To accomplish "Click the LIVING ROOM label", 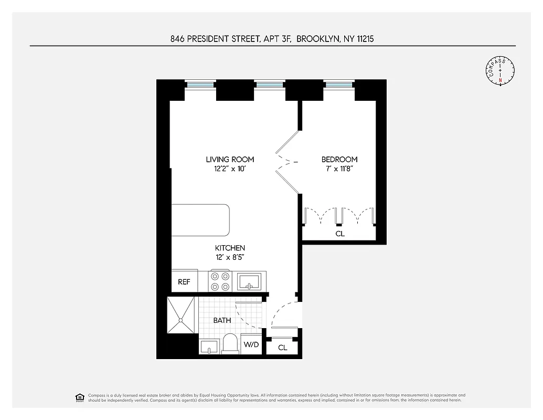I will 230,160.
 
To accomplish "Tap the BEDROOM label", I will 339,160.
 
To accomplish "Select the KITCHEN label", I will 230,248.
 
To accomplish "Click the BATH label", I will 222,320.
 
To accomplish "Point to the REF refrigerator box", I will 184,282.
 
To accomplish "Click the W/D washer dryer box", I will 251,345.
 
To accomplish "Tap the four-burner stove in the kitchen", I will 220,281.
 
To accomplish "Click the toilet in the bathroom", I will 230,344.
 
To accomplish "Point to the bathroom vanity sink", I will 209,346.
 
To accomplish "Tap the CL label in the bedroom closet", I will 340,234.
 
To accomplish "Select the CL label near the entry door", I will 283,348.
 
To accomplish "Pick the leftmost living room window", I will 200,84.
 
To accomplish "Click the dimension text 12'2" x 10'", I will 230,169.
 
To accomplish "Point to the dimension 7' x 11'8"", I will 339,169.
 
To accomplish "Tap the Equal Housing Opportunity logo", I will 80,397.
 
